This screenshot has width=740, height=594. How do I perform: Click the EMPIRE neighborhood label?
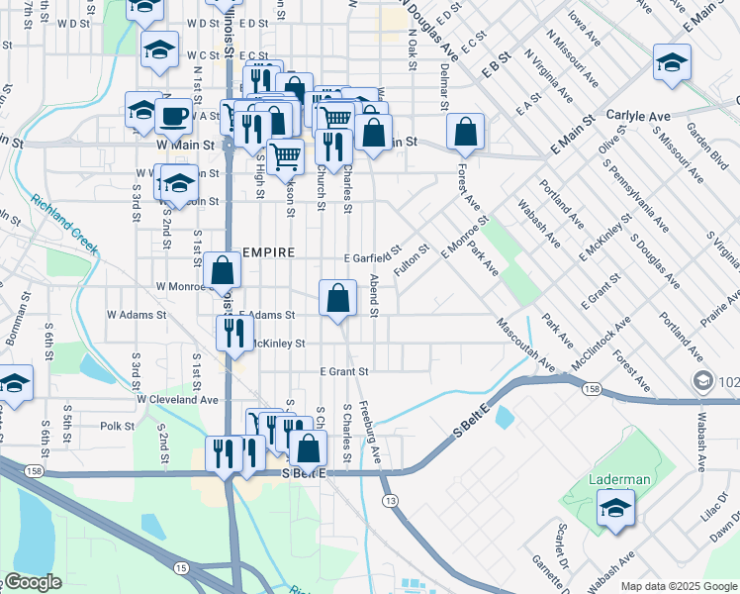pos(266,252)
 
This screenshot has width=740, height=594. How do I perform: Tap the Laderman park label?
pos(620,479)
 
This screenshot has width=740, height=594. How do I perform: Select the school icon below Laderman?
pos(616,509)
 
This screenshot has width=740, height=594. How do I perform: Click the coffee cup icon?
pos(173,116)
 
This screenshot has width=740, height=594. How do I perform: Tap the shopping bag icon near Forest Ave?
pos(465,131)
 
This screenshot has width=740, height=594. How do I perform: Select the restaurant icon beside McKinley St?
pos(233,333)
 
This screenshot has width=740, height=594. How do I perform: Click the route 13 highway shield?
pos(393,502)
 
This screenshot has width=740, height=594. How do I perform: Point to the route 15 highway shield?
pos(180,567)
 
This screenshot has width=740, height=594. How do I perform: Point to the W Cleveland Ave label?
pos(177,399)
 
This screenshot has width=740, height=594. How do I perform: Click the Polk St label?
pos(117,426)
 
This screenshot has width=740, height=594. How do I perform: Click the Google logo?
pos(32,582)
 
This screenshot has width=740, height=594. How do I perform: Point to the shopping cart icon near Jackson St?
pos(285,155)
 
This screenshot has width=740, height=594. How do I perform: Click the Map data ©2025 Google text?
pos(678,586)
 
